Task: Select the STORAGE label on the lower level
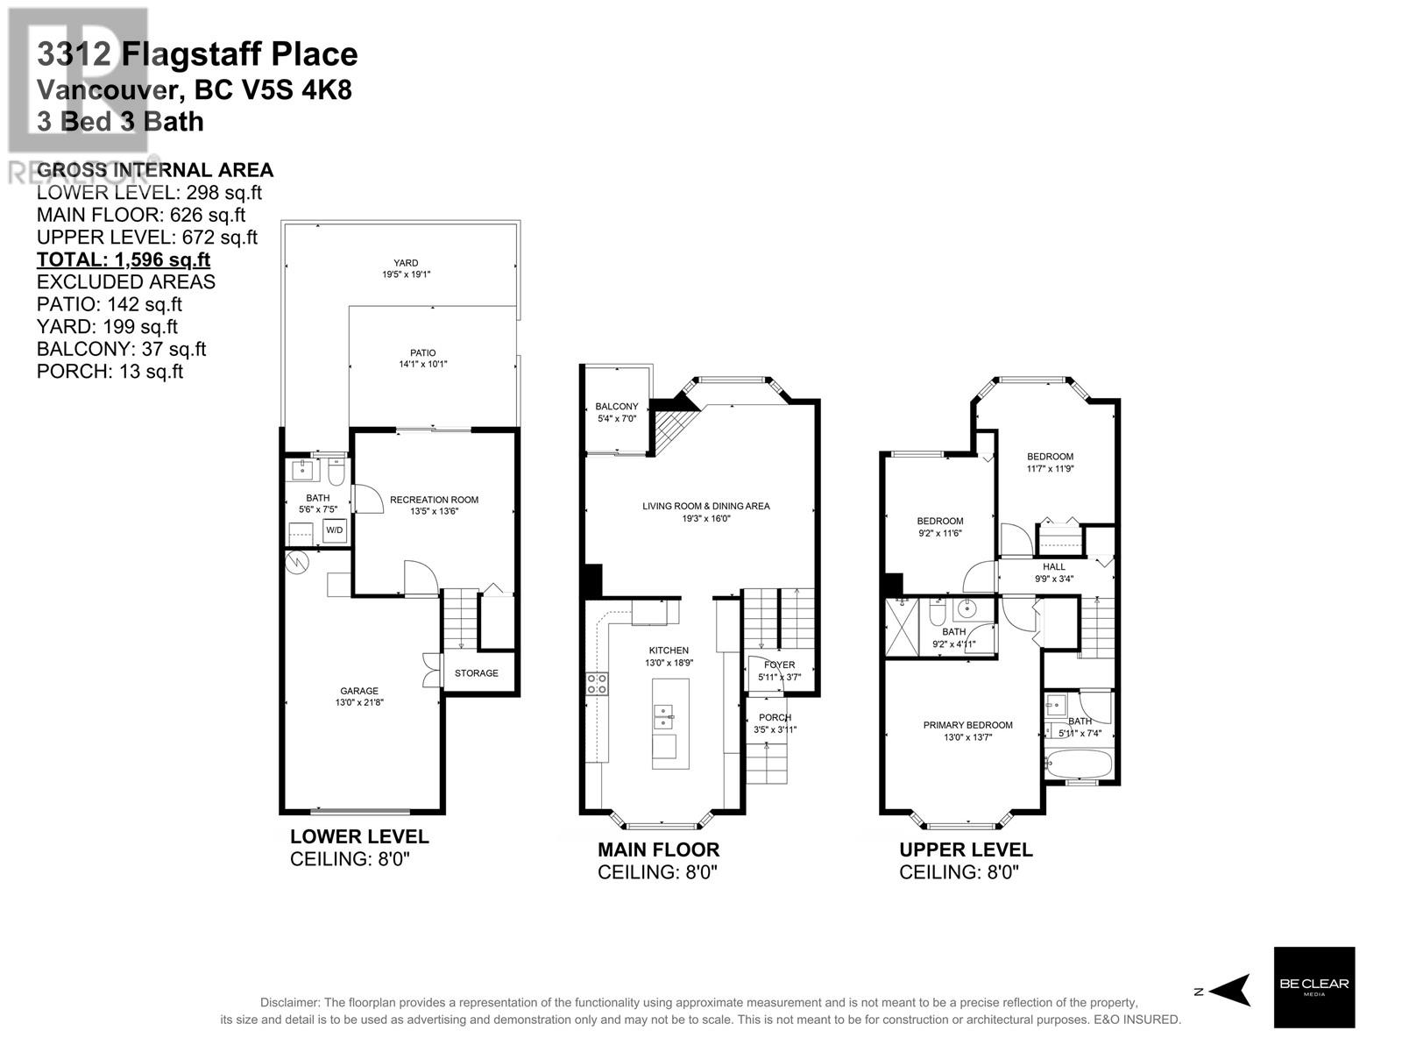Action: pos(476,673)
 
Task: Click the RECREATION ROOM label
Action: pos(434,500)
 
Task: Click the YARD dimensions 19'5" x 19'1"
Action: pos(406,274)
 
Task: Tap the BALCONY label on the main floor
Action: pos(616,407)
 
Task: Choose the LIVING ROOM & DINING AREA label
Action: pos(705,506)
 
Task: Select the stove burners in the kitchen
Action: pos(597,684)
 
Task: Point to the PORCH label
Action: pos(775,717)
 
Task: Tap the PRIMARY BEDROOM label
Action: pos(967,725)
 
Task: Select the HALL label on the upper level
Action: pos(1054,566)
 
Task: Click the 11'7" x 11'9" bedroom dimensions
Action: pos(1050,468)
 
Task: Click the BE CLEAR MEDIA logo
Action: pos(1313,987)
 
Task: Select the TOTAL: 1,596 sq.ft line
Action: pos(124,259)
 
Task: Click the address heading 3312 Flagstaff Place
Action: pos(197,54)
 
